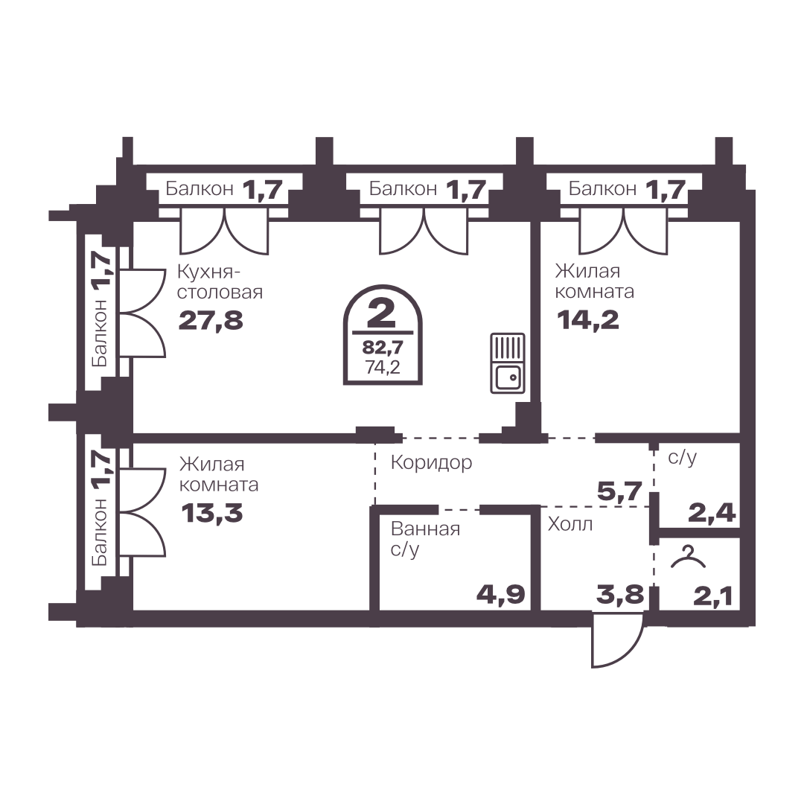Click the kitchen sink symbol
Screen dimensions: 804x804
pos(508,363)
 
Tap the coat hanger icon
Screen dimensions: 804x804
pos(688,558)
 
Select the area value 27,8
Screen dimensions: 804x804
pos(211,321)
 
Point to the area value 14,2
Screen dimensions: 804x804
pos(587,320)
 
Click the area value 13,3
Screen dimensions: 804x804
pos(211,513)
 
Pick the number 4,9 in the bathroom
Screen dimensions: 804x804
pos(501,594)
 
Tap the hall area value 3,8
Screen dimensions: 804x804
pos(619,595)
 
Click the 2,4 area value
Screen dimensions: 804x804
pos(712,512)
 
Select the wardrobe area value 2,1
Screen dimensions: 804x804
pos(712,597)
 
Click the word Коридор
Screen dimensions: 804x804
pos(431,463)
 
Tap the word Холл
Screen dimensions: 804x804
pos(570,524)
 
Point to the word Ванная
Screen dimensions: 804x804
pos(425,529)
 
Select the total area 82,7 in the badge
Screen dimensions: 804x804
pos(383,348)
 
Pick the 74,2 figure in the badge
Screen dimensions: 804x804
pos(383,367)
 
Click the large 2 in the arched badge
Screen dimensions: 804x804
pos(382,314)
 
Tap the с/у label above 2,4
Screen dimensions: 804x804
pos(683,457)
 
